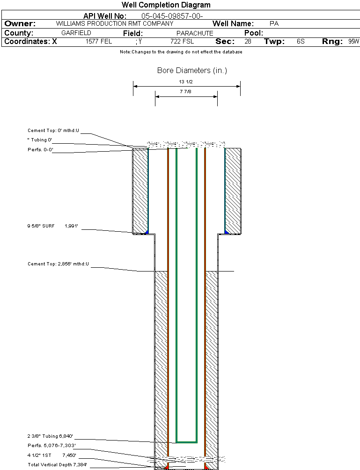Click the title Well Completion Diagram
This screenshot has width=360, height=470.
click(166, 5)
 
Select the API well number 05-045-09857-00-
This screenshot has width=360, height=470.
click(172, 16)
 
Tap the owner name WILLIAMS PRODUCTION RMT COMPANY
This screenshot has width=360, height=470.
click(114, 23)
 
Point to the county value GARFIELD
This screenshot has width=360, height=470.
click(76, 33)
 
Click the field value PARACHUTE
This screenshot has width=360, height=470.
click(195, 33)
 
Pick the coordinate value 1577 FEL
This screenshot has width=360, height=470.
click(99, 42)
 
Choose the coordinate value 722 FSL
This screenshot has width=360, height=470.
click(182, 42)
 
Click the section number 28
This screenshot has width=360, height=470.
click(248, 42)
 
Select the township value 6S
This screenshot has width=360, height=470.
click(301, 42)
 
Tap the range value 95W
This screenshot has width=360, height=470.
click(353, 42)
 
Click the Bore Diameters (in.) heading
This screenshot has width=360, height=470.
click(192, 71)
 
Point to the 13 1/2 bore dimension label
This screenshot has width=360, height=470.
click(186, 82)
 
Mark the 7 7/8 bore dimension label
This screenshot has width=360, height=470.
click(186, 92)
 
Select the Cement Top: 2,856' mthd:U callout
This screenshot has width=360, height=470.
click(58, 264)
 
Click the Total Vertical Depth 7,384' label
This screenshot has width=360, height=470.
click(57, 464)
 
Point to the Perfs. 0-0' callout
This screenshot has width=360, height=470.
click(40, 150)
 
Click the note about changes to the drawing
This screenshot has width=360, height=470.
click(181, 52)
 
